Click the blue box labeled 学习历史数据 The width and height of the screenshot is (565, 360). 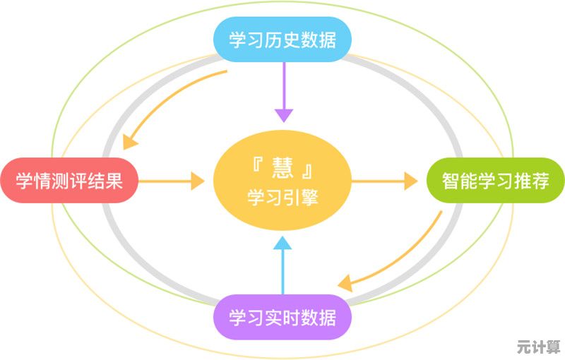point(282,40)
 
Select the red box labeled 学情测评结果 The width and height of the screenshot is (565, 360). point(69,181)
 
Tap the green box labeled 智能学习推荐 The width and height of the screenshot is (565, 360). point(495,181)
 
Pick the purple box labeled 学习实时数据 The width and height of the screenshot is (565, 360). point(282,318)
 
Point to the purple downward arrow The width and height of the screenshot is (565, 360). point(282,92)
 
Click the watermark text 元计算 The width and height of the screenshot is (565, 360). point(537,347)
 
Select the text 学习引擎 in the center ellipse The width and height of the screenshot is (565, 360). point(282,197)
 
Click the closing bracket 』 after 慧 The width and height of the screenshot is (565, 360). point(307,169)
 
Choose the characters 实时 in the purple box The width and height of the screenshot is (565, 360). point(282,318)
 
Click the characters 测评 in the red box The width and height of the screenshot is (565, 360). point(69,181)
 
